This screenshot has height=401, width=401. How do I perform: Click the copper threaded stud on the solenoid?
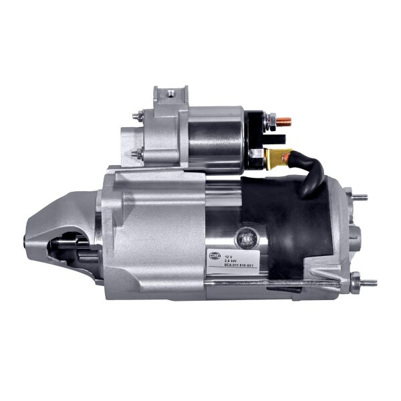click(285, 122)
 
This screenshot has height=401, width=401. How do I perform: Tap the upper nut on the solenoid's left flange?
click(136, 117)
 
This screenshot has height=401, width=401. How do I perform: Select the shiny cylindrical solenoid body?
click(215, 140)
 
